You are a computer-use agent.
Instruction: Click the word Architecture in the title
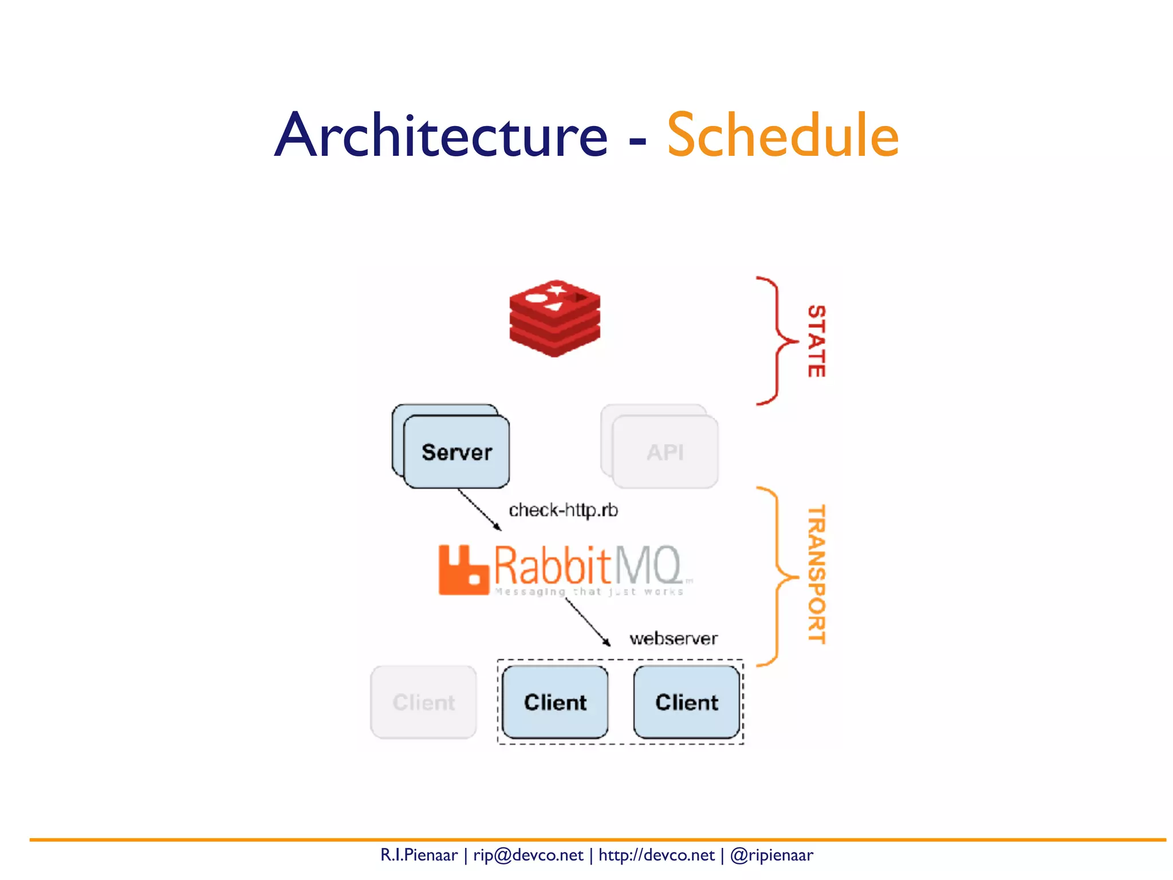441,135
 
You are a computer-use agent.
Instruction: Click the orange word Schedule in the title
782,135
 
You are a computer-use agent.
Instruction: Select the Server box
456,452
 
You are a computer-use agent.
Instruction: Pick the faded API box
665,452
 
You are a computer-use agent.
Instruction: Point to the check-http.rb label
563,510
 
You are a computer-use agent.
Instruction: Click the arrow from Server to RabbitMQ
479,509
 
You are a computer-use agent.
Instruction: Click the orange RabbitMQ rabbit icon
463,570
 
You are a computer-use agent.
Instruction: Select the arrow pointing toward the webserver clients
588,623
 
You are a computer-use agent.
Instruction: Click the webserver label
673,638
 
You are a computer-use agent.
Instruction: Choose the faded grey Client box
423,702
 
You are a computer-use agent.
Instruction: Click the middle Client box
555,702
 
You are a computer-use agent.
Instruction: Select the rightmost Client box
686,702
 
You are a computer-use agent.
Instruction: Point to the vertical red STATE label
816,341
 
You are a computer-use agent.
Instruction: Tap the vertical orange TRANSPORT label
816,574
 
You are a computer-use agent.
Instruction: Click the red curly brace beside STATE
777,341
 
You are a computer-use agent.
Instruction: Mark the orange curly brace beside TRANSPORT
777,576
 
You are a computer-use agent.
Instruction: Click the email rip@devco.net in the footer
528,855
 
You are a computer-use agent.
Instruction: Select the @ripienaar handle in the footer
771,855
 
